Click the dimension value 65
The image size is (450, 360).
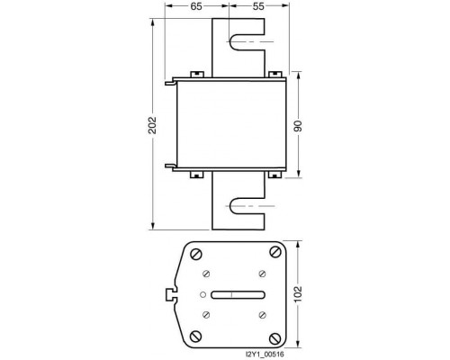[x=196, y=6]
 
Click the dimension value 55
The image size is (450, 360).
[x=258, y=6]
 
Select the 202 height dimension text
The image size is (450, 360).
[x=152, y=125]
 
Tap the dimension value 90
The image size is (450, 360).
[x=298, y=126]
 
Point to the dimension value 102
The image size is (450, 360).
[x=298, y=294]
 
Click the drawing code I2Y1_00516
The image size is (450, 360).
[x=265, y=355]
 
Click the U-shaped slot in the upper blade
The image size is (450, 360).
[x=230, y=41]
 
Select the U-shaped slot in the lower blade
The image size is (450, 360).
[x=230, y=206]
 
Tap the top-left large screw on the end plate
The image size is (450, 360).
[x=196, y=255]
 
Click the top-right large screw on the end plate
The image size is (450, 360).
[x=275, y=252]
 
